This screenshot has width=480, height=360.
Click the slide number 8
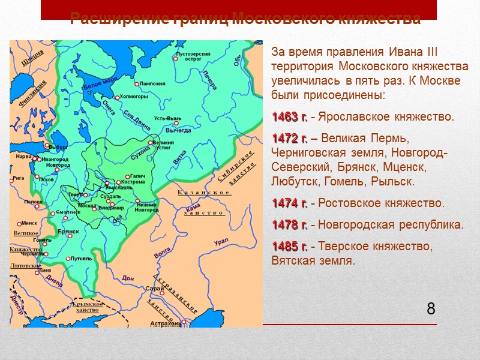point(431,310)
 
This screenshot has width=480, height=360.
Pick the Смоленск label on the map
point(68,212)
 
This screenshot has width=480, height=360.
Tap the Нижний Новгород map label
point(146,206)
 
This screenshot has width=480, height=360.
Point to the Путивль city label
point(81,258)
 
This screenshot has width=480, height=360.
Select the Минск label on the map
point(29,223)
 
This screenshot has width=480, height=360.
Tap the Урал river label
point(221,241)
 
